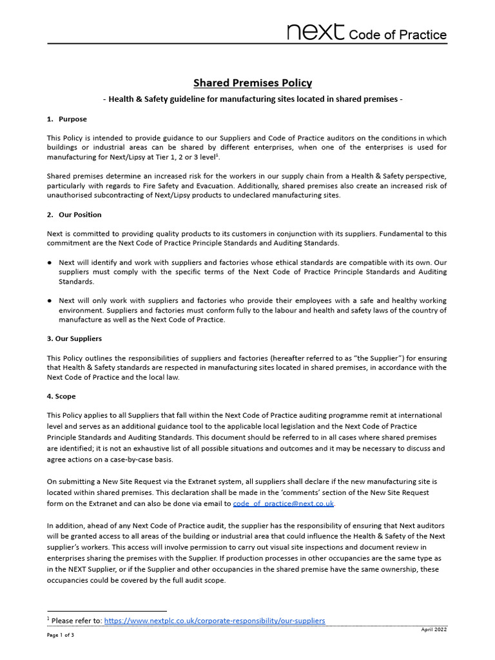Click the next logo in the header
[316, 32]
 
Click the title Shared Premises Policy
[253, 82]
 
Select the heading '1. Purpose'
[67, 119]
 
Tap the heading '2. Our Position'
[74, 215]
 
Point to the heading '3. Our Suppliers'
[74, 338]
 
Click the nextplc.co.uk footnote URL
[214, 621]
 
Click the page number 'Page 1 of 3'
[61, 635]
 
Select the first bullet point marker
[50, 262]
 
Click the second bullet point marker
[50, 301]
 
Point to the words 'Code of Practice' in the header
[397, 34]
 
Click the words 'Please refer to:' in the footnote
[76, 621]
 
